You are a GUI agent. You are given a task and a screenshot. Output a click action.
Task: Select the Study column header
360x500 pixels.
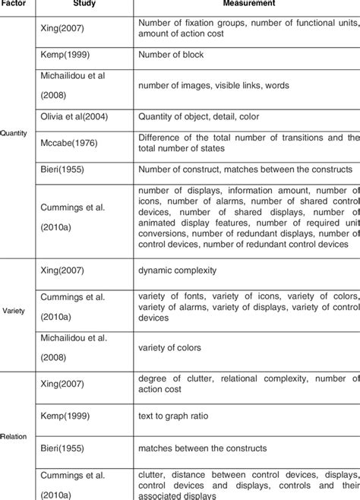tap(84, 3)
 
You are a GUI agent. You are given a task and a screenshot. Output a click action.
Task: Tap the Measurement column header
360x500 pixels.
tap(248, 3)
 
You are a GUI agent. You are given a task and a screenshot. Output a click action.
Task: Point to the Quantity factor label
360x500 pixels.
tap(14, 133)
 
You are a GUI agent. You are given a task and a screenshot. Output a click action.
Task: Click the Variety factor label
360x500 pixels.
tap(14, 310)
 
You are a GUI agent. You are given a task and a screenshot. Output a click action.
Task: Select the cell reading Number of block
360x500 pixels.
tap(171, 55)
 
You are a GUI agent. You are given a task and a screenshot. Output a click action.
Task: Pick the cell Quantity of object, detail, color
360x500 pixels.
tap(198, 117)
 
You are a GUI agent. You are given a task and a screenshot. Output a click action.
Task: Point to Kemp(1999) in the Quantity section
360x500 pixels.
tap(65, 55)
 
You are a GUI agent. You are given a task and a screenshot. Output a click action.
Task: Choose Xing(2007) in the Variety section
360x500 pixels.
tap(63, 270)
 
